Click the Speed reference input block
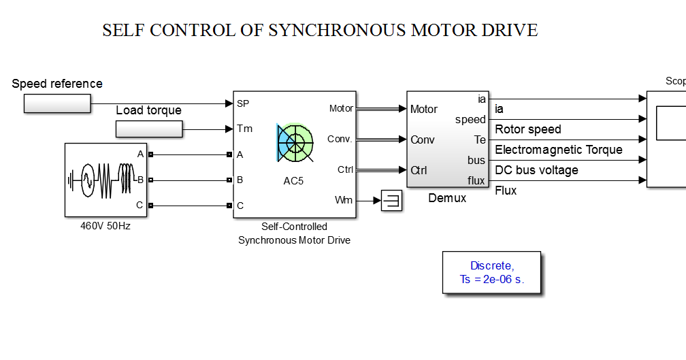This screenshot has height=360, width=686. coord(57,103)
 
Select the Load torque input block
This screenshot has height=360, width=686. coord(149,129)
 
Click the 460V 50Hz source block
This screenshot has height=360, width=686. coord(105,180)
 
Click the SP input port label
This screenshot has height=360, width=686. coord(242,104)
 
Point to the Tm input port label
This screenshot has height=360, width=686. coord(244,129)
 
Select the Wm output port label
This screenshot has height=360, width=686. coord(344,200)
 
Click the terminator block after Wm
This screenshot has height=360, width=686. coord(391,201)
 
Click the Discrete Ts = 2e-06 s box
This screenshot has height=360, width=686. coord(492,272)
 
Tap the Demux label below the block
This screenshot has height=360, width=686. coord(447,198)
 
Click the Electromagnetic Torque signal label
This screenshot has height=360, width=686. coord(558,150)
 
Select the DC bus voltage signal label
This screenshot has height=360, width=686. coord(536,170)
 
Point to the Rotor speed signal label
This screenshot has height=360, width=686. coord(528,129)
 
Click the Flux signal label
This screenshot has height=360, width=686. coord(506,191)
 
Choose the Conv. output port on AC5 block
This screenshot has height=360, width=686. coord(339,139)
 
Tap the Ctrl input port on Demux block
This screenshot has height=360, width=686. coord(419,170)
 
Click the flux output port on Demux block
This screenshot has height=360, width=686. coord(476,180)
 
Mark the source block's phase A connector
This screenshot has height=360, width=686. coord(150,154)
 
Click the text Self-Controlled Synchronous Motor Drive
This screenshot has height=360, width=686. coord(294,233)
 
